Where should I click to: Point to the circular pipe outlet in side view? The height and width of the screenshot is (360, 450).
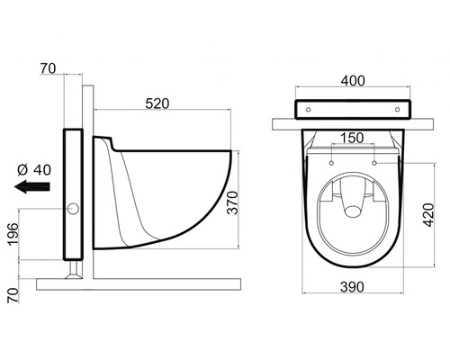(x=73, y=211)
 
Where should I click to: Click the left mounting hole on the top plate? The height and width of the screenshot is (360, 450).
(x=310, y=107)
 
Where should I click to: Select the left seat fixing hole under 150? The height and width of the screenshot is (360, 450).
(x=331, y=163)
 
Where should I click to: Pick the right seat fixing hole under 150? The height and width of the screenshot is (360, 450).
(x=373, y=163)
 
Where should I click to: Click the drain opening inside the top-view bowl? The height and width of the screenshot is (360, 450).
(x=352, y=209)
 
